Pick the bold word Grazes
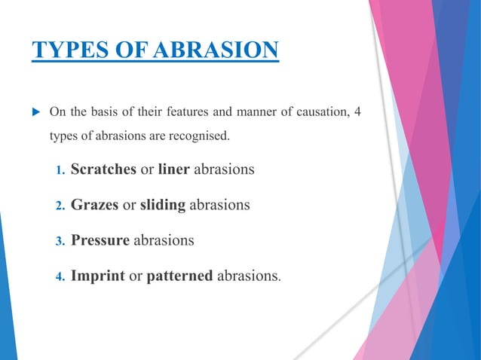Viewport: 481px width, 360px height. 94,205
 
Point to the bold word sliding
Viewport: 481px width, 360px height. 162,205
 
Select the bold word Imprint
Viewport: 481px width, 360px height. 98,276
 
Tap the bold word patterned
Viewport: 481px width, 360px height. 179,276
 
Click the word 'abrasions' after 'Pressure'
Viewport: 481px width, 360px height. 164,240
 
